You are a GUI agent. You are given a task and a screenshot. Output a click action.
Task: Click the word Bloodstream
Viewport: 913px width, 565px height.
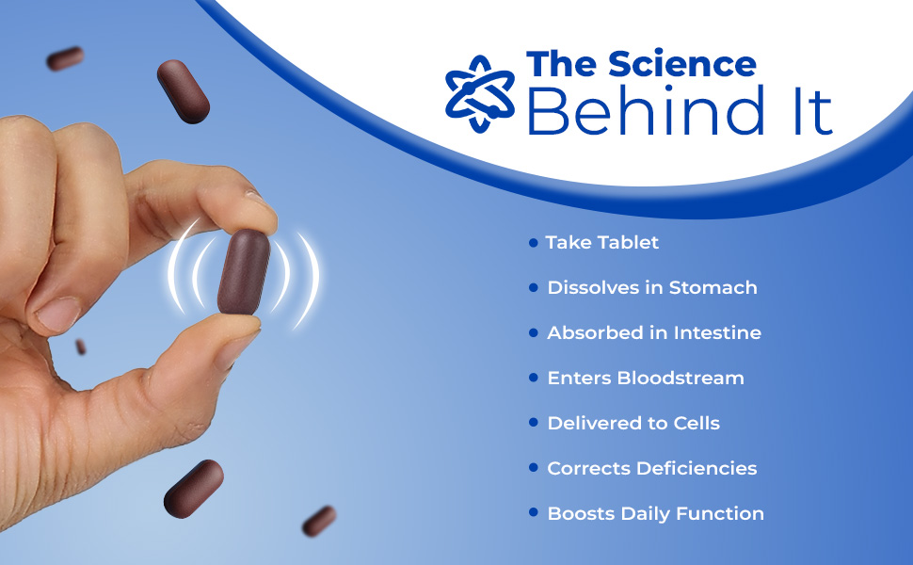click(681, 378)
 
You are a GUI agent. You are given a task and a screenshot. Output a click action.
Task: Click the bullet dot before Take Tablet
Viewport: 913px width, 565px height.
click(534, 242)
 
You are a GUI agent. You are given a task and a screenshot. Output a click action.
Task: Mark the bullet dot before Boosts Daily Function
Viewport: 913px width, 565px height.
click(534, 513)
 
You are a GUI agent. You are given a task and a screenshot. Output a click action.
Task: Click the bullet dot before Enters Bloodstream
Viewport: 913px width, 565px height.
click(534, 378)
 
